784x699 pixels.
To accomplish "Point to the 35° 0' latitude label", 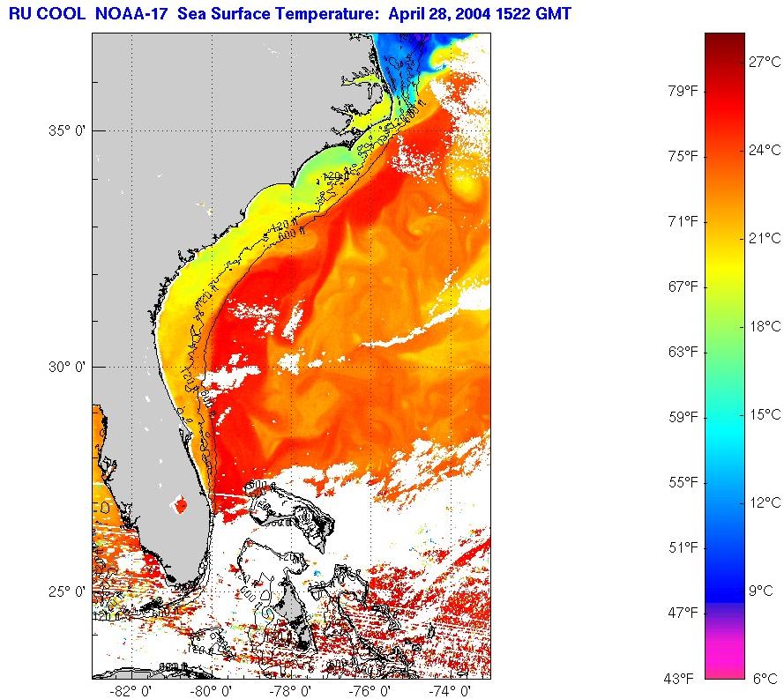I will coord(65,130).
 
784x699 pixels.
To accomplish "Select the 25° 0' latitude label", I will coord(65,591).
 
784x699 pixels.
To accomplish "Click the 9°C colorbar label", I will coord(761,591).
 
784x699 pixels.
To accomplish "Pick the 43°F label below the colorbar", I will coord(681,678).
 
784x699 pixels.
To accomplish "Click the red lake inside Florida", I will coord(181,506).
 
